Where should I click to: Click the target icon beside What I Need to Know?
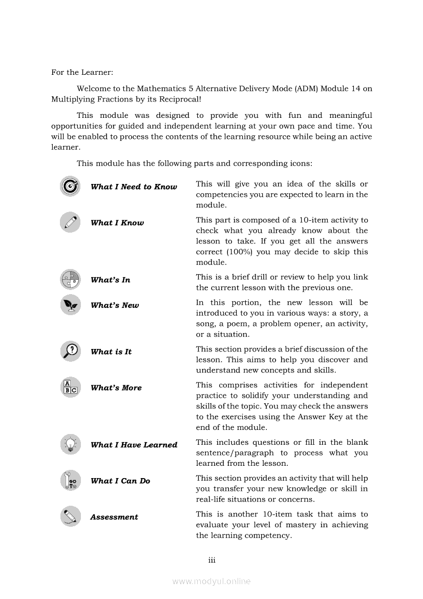pyautogui.click(x=70, y=186)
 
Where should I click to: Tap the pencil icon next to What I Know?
pyautogui.click(x=70, y=222)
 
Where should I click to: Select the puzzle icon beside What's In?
pyautogui.click(x=70, y=279)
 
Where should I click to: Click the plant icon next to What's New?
pyautogui.click(x=70, y=305)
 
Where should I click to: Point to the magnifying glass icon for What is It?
pyautogui.click(x=70, y=351)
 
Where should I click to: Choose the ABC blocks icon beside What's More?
pyautogui.click(x=70, y=387)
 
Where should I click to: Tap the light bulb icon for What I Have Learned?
pyautogui.click(x=70, y=444)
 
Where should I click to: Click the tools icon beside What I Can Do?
pyautogui.click(x=70, y=480)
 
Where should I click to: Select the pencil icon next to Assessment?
pyautogui.click(x=70, y=516)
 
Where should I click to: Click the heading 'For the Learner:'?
pyautogui.click(x=82, y=72)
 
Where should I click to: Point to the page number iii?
pyautogui.click(x=211, y=560)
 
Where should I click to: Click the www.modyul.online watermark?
pyautogui.click(x=211, y=581)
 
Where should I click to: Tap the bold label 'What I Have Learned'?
pyautogui.click(x=134, y=445)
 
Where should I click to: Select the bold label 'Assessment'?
pyautogui.click(x=114, y=517)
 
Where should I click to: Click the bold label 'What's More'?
pyautogui.click(x=116, y=388)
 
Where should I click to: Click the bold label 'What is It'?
pyautogui.click(x=111, y=352)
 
